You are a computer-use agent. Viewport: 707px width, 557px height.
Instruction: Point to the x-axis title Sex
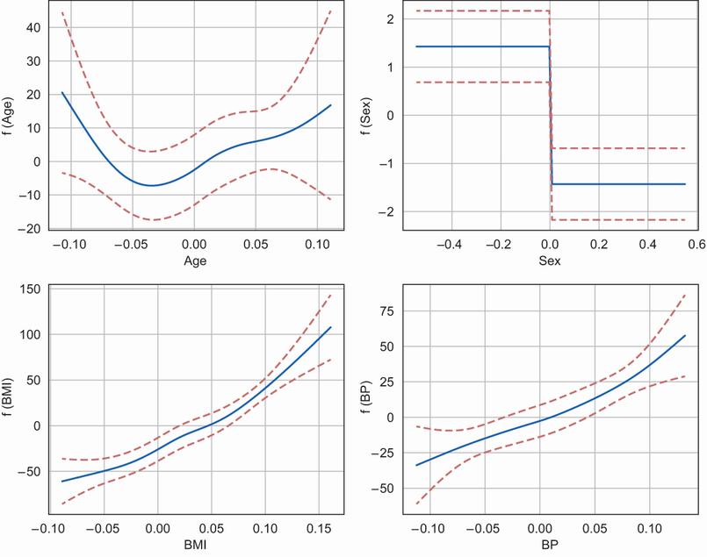pos(550,261)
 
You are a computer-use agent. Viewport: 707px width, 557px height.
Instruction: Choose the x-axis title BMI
pos(195,546)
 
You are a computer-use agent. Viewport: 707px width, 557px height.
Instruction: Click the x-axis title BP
pos(550,546)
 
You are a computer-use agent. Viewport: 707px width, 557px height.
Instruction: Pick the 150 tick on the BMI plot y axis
pos(32,289)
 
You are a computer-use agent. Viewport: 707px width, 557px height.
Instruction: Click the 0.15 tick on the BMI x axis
pos(317,529)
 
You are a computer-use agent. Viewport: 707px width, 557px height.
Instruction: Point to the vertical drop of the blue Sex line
pos(551,116)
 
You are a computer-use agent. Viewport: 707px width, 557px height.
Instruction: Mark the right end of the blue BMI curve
pos(331,327)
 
